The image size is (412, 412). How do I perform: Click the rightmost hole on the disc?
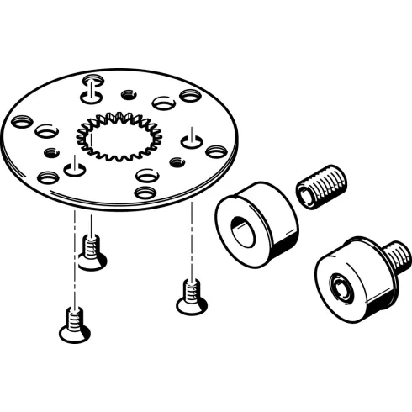(216, 151)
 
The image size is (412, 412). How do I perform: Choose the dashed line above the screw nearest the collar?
(193, 244)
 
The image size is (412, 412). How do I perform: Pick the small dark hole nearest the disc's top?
(128, 93)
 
